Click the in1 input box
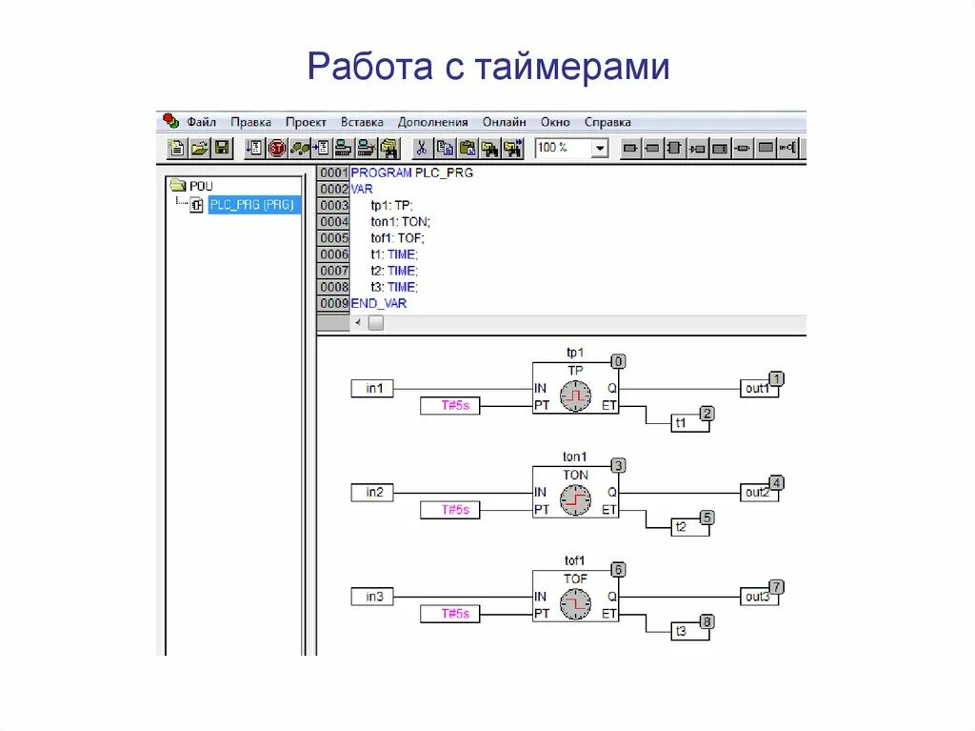[372, 389]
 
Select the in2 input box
[372, 493]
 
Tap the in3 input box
[372, 597]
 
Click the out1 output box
[758, 389]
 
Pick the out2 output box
[758, 493]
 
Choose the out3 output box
[758, 597]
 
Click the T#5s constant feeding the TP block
[450, 406]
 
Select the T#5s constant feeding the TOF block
[450, 614]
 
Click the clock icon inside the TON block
[575, 500]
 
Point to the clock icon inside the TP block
[575, 396]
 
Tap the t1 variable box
[690, 423]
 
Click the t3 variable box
[690, 631]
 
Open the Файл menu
[202, 122]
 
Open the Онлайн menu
[504, 122]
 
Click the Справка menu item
[607, 122]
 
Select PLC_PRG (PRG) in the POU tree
[252, 205]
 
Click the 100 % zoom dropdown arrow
[599, 149]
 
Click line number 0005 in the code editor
[334, 237]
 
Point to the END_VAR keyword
[379, 303]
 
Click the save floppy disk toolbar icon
[222, 148]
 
